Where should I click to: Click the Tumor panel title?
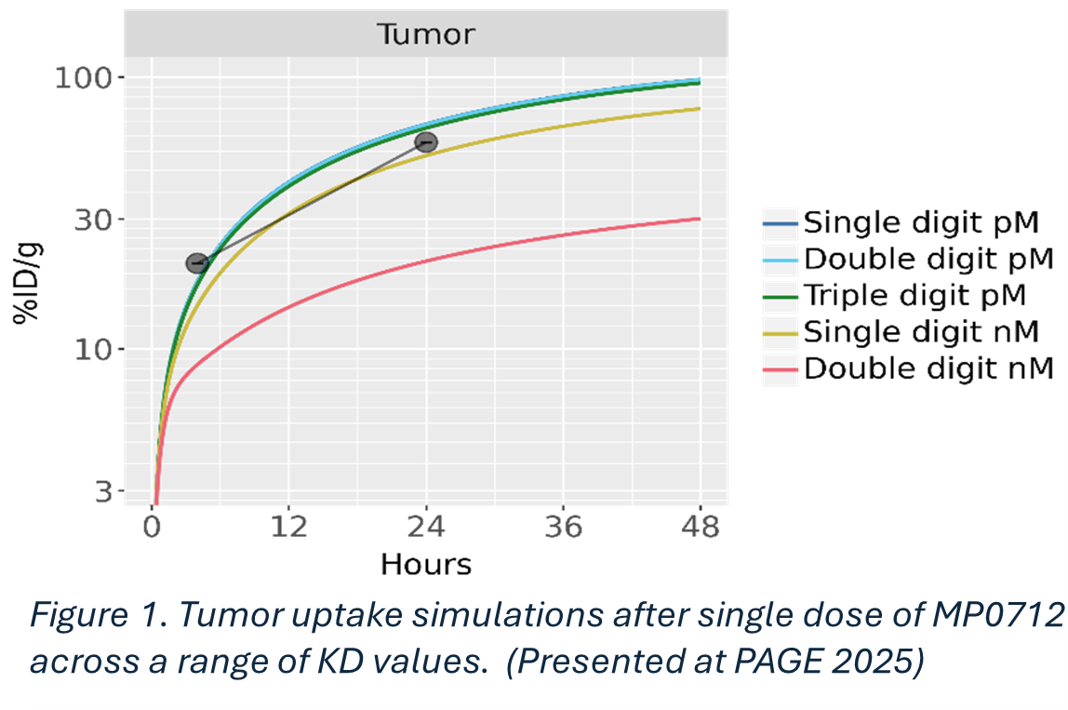coord(425,35)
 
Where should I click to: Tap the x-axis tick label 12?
coord(289,528)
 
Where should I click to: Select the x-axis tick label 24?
coord(426,528)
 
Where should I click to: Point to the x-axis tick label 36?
coord(563,528)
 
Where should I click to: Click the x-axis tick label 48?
coord(700,528)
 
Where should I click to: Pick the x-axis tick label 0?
coord(153,528)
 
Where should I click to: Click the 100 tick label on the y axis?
coord(87,77)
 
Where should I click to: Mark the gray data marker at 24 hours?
coord(426,142)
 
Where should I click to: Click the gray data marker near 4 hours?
coord(196,263)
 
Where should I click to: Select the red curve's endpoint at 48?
coord(699,219)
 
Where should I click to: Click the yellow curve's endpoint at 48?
coord(699,109)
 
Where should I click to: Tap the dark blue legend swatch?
coord(781,224)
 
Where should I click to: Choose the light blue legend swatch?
coord(781,261)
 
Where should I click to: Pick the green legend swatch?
coord(781,298)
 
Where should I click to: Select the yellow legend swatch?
coord(781,333)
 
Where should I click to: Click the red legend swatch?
coord(781,370)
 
